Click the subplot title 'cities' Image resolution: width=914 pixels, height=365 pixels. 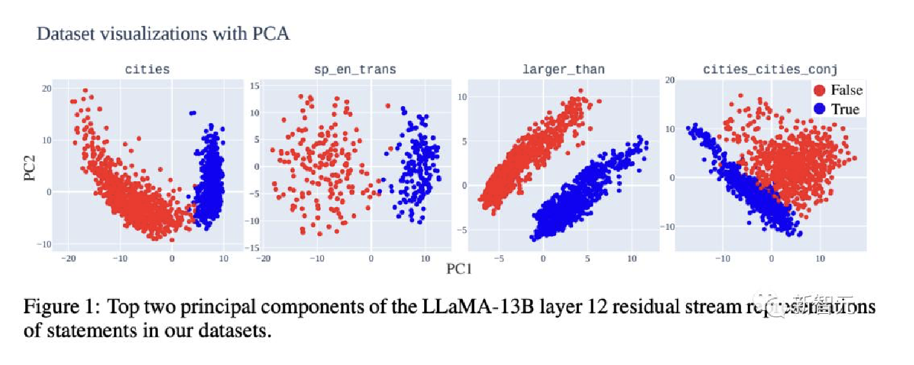pyautogui.click(x=147, y=69)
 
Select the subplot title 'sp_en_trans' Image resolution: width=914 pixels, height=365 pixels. pyautogui.click(x=355, y=69)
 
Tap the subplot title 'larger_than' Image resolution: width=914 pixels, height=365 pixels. pyautogui.click(x=563, y=69)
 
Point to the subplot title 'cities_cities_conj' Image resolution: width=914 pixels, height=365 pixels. pyautogui.click(x=770, y=69)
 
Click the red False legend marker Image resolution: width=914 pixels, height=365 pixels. pyautogui.click(x=819, y=90)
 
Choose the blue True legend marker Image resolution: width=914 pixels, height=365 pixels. pyautogui.click(x=819, y=109)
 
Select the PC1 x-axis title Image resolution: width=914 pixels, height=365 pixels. pyautogui.click(x=460, y=270)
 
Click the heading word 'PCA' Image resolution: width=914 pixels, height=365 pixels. pyautogui.click(x=271, y=33)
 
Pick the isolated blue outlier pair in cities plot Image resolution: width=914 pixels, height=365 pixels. pyautogui.click(x=193, y=114)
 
